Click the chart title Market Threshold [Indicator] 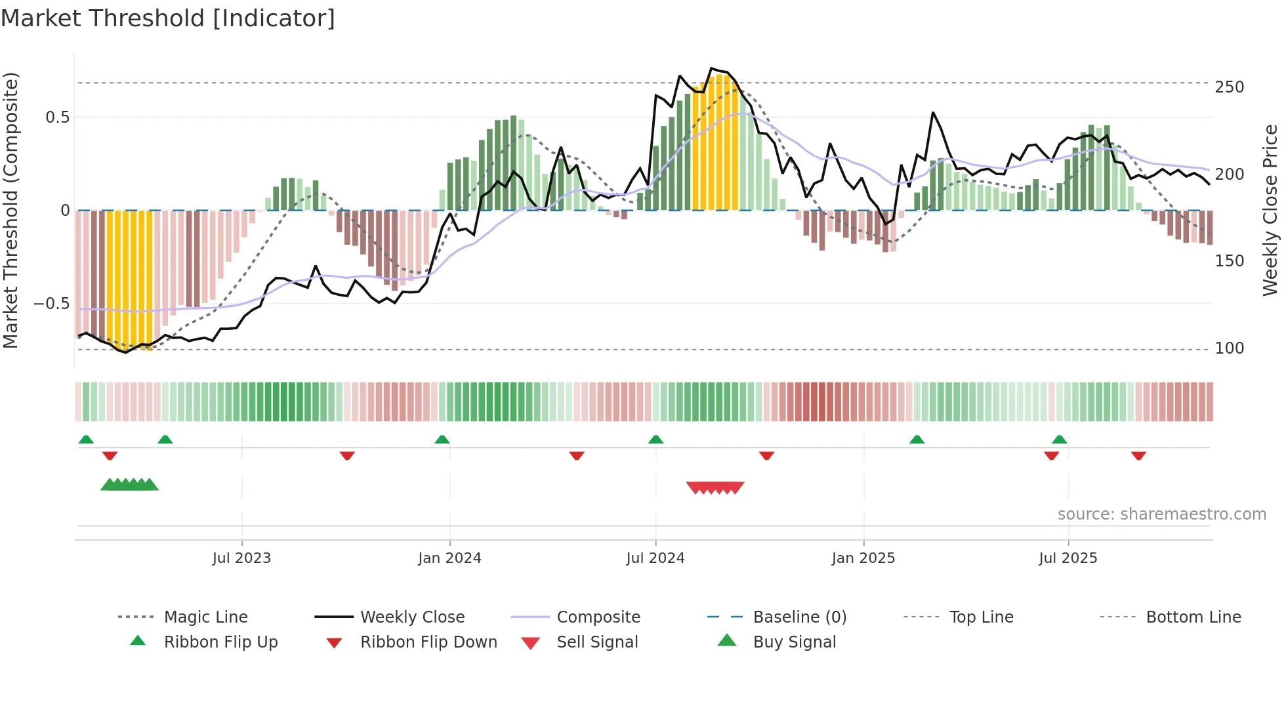click(168, 18)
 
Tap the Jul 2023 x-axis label click(241, 558)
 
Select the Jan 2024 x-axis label click(449, 558)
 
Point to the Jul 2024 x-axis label click(655, 558)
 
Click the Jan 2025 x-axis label click(863, 558)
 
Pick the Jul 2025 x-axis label click(1068, 558)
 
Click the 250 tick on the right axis click(1229, 87)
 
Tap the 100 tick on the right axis click(1229, 348)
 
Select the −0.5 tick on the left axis click(52, 304)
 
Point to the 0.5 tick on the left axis click(57, 117)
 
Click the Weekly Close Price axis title click(1270, 210)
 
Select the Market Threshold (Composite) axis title click(10, 210)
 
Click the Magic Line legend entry click(205, 617)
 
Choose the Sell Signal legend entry click(596, 642)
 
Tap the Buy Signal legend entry click(794, 642)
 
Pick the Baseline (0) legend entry click(799, 617)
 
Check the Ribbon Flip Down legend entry click(428, 642)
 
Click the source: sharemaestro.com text click(1161, 514)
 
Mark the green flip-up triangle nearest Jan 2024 click(442, 440)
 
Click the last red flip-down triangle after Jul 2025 click(1138, 455)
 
